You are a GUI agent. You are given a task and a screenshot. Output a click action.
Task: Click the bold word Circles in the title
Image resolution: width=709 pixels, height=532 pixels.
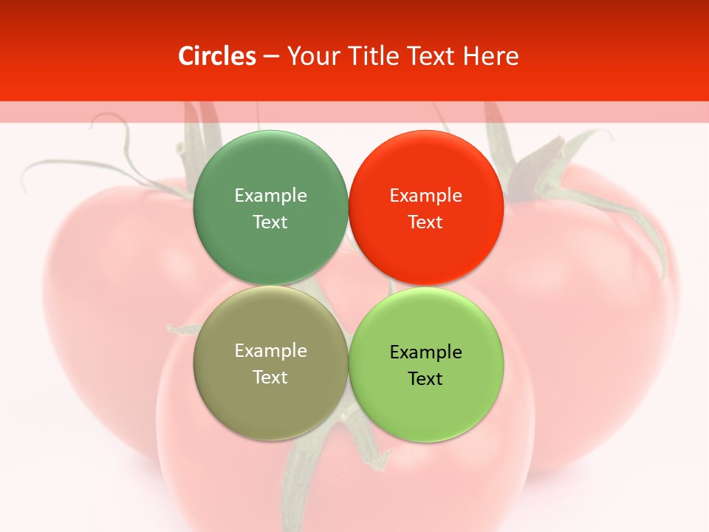tap(217, 56)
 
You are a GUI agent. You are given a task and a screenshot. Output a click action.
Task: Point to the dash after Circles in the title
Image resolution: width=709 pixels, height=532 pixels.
tap(271, 57)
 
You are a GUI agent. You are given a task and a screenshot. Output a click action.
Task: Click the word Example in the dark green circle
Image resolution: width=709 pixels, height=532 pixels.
tap(270, 196)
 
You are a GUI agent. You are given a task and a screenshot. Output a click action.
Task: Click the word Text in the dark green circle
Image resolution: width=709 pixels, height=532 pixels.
tap(270, 222)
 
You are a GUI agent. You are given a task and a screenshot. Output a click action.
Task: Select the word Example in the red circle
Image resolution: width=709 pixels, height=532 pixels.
tap(425, 196)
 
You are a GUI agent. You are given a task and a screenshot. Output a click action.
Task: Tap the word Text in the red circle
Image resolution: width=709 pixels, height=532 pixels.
tap(425, 222)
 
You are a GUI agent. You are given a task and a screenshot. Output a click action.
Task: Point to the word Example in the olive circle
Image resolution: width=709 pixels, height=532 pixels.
tap(270, 351)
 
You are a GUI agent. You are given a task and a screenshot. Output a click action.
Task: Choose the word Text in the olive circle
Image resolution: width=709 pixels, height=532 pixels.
tap(270, 378)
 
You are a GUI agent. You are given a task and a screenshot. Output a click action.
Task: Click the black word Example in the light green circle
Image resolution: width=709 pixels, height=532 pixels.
tap(425, 352)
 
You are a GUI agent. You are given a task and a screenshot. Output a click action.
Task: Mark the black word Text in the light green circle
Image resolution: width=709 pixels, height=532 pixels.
tap(425, 379)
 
